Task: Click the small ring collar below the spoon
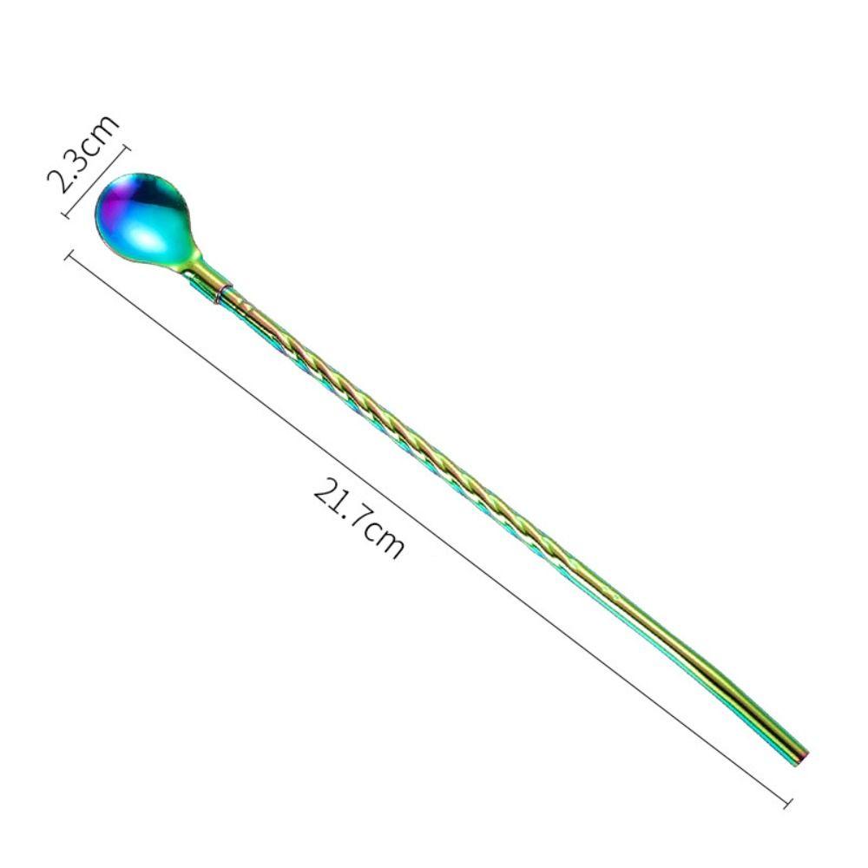click(224, 293)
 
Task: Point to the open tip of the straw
click(801, 759)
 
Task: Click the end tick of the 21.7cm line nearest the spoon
click(69, 256)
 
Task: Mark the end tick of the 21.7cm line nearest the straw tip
click(788, 804)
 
